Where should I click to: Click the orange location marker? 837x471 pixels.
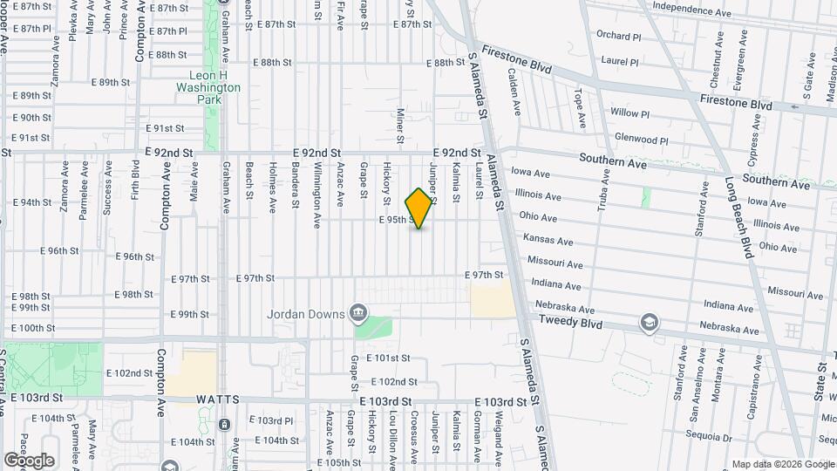(x=419, y=208)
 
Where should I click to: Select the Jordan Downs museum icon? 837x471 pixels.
(x=357, y=313)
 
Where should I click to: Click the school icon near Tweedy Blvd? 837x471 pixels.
(x=648, y=324)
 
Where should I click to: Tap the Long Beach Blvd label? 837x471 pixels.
(x=738, y=218)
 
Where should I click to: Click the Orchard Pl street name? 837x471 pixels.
(x=619, y=36)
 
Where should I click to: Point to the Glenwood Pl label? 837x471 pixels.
(x=641, y=139)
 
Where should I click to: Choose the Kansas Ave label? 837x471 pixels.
(x=548, y=240)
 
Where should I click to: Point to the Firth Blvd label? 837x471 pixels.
(x=135, y=179)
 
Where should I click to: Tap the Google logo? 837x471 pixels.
(x=29, y=460)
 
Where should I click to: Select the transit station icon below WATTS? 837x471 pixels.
(x=225, y=425)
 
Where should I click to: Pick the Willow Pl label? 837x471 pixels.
(x=629, y=113)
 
